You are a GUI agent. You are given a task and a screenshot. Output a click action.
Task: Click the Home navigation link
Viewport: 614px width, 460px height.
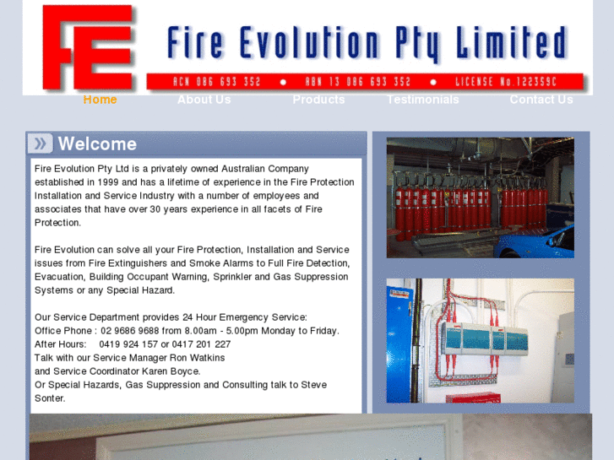100,100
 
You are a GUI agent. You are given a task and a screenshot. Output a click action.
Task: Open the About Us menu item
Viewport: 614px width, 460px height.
204,100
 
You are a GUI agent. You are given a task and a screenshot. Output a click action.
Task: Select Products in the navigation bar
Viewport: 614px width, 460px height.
318,100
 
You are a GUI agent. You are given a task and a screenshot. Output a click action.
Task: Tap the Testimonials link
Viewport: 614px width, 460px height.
422,100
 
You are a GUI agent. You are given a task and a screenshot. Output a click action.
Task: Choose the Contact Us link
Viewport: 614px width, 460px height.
541,100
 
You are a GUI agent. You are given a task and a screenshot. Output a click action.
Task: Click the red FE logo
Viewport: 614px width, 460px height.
87,48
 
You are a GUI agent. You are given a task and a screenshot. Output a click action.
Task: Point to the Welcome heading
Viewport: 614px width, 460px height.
97,143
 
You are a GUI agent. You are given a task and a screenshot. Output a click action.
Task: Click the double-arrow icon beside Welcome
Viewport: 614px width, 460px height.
41,143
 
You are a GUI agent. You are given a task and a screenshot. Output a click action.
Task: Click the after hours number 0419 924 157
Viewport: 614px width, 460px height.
128,344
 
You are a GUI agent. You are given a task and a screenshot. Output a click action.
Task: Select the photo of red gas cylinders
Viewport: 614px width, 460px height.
480,198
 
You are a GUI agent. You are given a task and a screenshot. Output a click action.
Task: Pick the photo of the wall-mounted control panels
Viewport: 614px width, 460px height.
480,340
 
